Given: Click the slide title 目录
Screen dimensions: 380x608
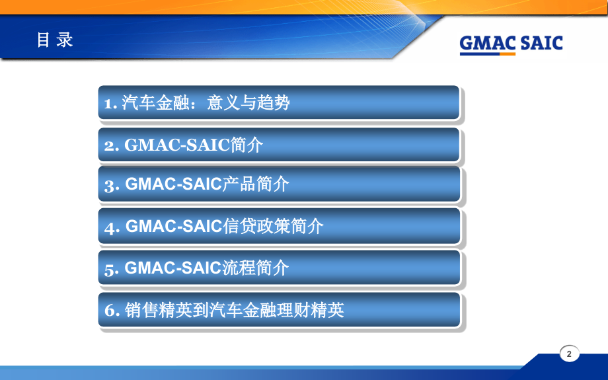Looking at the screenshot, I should click(x=54, y=40).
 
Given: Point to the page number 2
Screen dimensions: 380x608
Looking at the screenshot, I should click(x=569, y=354).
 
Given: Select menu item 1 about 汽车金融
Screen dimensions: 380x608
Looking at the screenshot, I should click(x=278, y=102).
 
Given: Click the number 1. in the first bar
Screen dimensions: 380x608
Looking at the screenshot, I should click(x=110, y=103).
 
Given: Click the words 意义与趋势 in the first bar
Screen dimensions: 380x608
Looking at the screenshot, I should click(x=248, y=103).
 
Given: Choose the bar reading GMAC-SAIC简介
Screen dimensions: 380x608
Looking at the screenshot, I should click(x=278, y=145).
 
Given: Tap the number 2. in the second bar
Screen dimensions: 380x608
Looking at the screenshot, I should click(x=111, y=145).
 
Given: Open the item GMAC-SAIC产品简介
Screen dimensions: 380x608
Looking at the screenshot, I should click(x=278, y=184).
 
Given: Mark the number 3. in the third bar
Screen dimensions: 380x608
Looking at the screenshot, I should click(x=111, y=185).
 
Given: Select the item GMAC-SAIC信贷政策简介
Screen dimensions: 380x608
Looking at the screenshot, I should click(x=278, y=226).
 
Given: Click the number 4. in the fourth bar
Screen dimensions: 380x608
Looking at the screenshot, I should click(x=111, y=227).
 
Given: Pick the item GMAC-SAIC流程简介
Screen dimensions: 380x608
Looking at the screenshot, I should click(x=278, y=268).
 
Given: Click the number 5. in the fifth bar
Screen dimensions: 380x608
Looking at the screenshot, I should click(x=111, y=269).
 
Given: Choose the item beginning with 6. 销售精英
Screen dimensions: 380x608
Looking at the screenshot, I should click(x=278, y=309).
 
